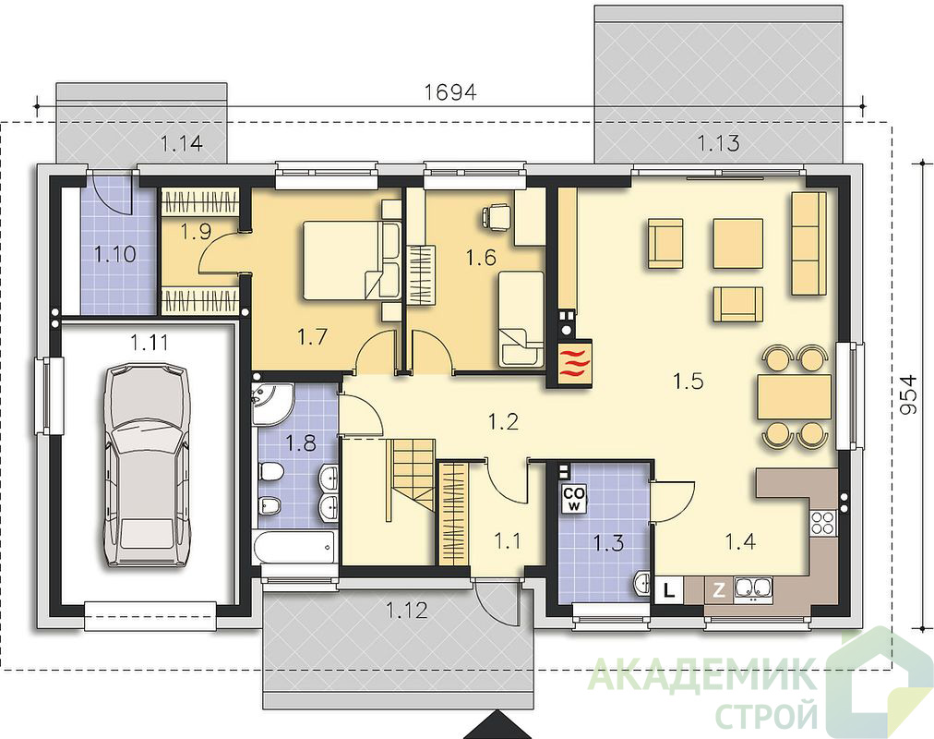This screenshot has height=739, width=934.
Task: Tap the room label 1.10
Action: pyautogui.click(x=115, y=254)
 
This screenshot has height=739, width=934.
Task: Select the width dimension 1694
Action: pyautogui.click(x=451, y=92)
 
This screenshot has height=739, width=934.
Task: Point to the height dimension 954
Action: pyautogui.click(x=908, y=394)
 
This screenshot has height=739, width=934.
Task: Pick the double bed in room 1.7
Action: pyautogui.click(x=351, y=260)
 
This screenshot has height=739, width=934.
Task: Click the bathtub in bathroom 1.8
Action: pyautogui.click(x=293, y=547)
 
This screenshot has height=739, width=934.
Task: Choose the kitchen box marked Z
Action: pyautogui.click(x=719, y=590)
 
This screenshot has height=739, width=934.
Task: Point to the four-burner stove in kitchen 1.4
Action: pyautogui.click(x=822, y=523)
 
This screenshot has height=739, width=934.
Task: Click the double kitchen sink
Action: pyautogui.click(x=753, y=588)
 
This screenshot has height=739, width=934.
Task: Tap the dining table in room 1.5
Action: pyautogui.click(x=794, y=396)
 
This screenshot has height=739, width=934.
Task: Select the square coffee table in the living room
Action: pyautogui.click(x=738, y=243)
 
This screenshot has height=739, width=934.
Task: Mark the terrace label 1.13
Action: pyautogui.click(x=719, y=143)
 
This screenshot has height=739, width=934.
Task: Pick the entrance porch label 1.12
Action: pyautogui.click(x=407, y=611)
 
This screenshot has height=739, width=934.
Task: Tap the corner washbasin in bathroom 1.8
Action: pyautogui.click(x=272, y=404)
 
